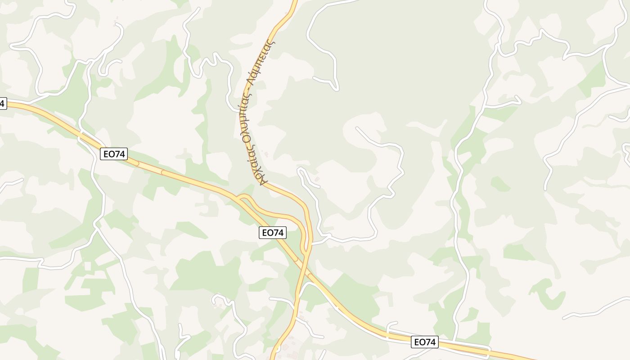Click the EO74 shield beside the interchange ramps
[273, 233]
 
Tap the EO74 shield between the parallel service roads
[424, 342]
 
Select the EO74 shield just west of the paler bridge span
[114, 154]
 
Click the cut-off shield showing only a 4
[2, 103]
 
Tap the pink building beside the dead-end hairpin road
[317, 180]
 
